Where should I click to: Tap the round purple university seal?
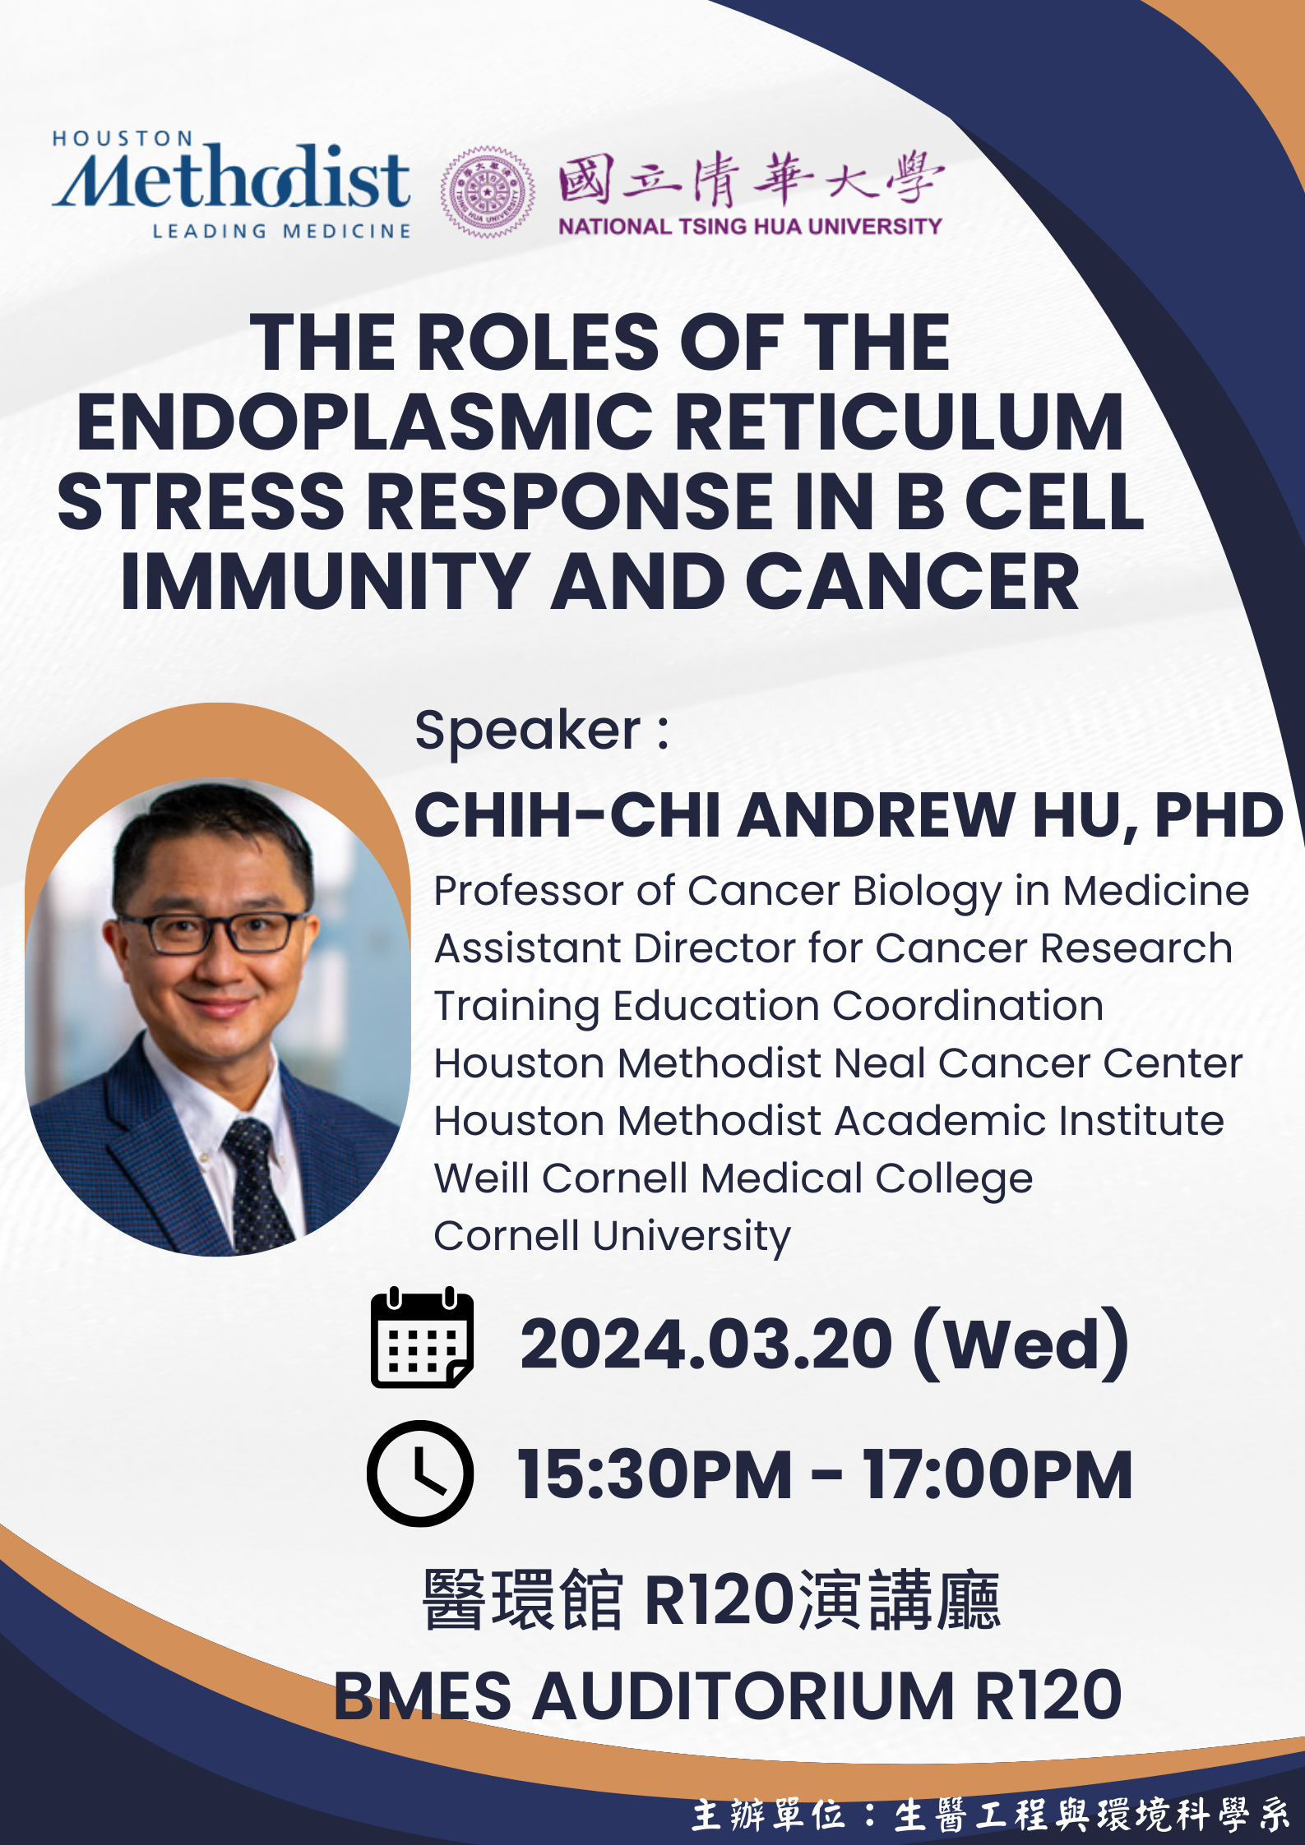tap(488, 192)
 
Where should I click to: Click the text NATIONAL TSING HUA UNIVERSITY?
tap(750, 226)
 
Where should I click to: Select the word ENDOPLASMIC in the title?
tap(364, 422)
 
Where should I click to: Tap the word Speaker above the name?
tap(527, 730)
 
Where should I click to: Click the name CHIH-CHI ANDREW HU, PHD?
tap(849, 815)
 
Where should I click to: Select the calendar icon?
tap(422, 1338)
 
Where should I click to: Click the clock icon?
tap(420, 1474)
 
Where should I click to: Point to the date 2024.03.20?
tap(706, 1345)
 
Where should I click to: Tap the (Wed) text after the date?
tap(1021, 1345)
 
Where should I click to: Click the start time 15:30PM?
tap(655, 1475)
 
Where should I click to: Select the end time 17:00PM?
tap(997, 1475)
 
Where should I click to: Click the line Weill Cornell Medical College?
tap(733, 1178)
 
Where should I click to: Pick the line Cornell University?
tap(612, 1236)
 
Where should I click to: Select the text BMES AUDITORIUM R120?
tap(728, 1695)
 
